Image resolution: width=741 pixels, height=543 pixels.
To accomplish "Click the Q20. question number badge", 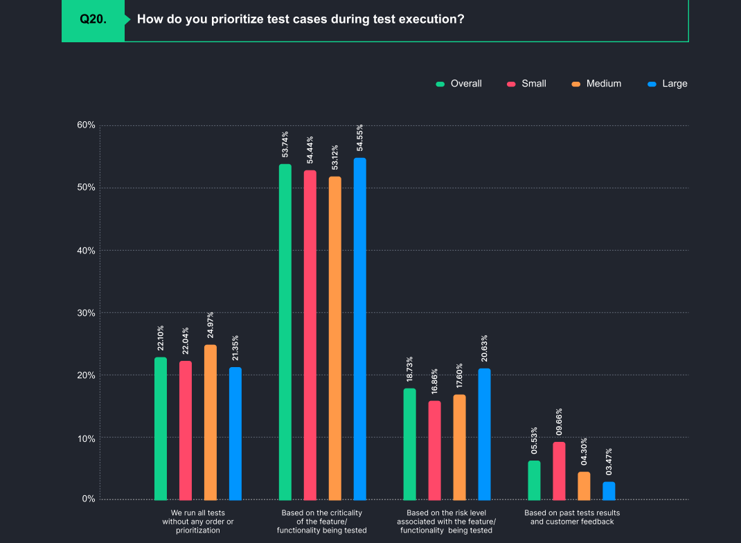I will [93, 19].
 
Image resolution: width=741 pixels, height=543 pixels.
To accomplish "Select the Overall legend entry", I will [459, 84].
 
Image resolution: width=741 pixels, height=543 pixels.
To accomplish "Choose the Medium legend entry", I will [596, 84].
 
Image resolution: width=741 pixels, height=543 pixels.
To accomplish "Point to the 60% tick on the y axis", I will [86, 125].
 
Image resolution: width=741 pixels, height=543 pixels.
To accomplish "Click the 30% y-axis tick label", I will [86, 313].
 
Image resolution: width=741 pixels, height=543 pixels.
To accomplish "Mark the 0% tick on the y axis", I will [89, 499].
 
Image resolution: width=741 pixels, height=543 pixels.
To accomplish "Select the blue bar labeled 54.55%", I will [359, 329].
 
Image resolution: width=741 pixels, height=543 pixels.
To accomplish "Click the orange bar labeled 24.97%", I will [210, 422].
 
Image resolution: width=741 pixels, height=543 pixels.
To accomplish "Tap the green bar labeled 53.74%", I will [285, 332].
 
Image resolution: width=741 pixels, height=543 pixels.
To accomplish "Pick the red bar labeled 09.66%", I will [559, 471].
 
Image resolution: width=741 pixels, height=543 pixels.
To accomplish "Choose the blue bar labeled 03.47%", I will [609, 491].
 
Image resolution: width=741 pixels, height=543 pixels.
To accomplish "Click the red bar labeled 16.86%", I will [434, 450].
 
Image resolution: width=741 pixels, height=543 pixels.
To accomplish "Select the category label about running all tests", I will [197, 522].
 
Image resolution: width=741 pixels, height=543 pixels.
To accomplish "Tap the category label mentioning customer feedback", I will [571, 517].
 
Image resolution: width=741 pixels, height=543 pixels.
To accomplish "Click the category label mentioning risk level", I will [446, 522].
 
